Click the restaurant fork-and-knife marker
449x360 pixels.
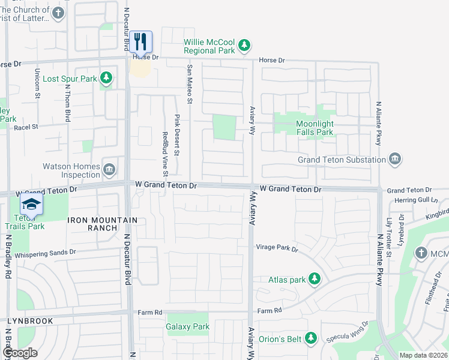point(141,42)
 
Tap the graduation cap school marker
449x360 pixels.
point(31,205)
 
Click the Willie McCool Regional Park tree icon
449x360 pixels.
point(244,45)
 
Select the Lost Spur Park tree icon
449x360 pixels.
point(106,78)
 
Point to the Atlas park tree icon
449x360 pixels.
point(313,278)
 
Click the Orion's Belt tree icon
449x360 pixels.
point(311,338)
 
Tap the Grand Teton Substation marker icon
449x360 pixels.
point(395,160)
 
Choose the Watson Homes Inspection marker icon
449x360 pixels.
point(110,169)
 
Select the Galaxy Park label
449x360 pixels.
point(188,327)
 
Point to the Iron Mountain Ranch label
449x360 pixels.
point(103,220)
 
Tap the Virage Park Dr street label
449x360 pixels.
point(277,247)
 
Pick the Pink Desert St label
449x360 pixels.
point(177,134)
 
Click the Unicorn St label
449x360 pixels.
point(37,83)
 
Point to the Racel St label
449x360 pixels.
point(26,127)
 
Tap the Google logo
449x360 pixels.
point(20,353)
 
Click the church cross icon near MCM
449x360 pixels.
point(421,253)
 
